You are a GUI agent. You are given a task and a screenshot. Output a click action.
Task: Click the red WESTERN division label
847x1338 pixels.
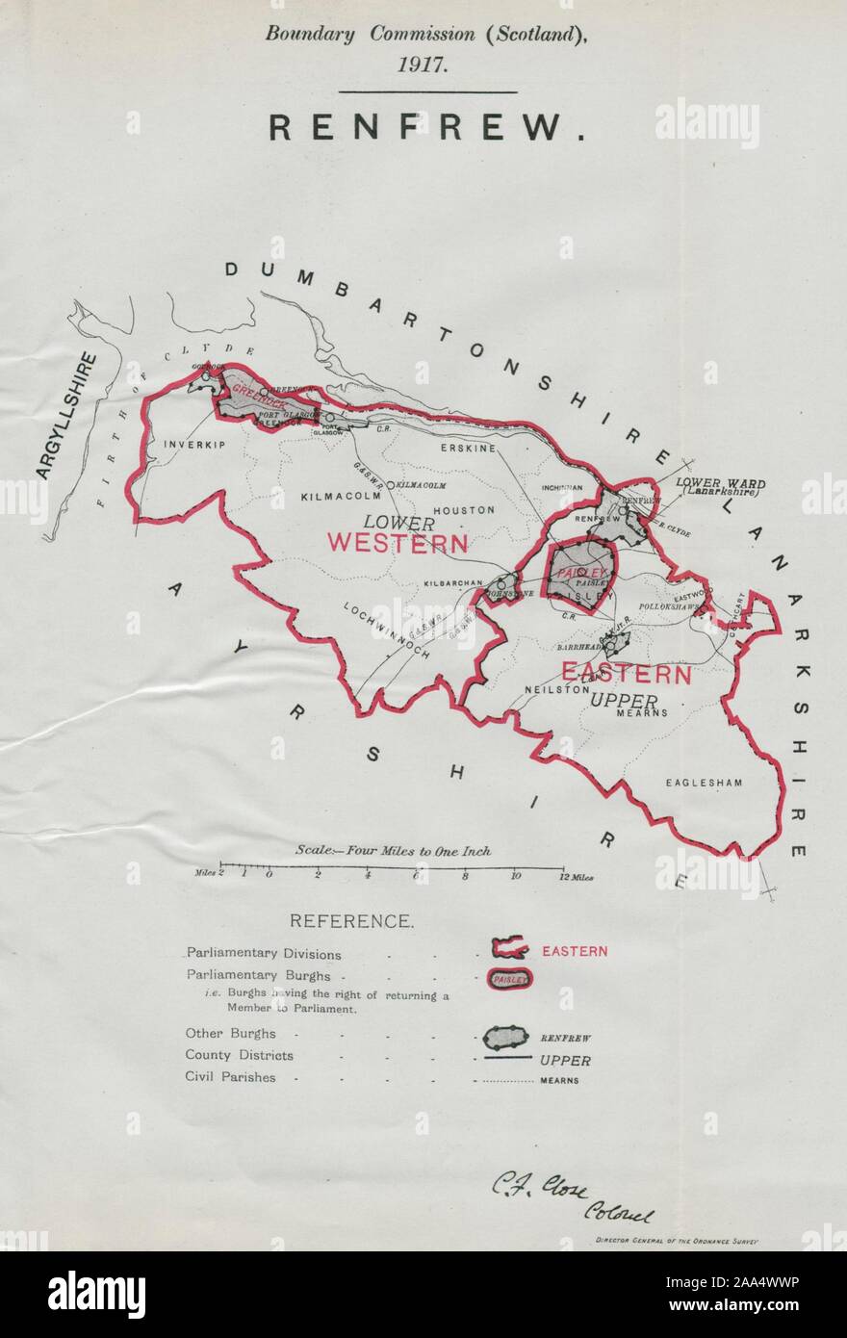point(397,543)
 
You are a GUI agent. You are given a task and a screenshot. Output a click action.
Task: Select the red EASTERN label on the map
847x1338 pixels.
point(627,674)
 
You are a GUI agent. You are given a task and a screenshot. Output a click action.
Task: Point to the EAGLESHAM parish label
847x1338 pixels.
point(704,783)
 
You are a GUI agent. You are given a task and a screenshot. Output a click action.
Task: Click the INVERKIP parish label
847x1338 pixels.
point(186,445)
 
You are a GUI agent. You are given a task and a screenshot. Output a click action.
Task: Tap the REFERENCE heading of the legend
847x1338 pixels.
point(352,921)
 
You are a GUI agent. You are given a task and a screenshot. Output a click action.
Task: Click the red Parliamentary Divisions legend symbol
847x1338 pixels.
point(508,950)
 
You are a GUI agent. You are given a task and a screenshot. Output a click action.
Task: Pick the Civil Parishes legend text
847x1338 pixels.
point(230,1077)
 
